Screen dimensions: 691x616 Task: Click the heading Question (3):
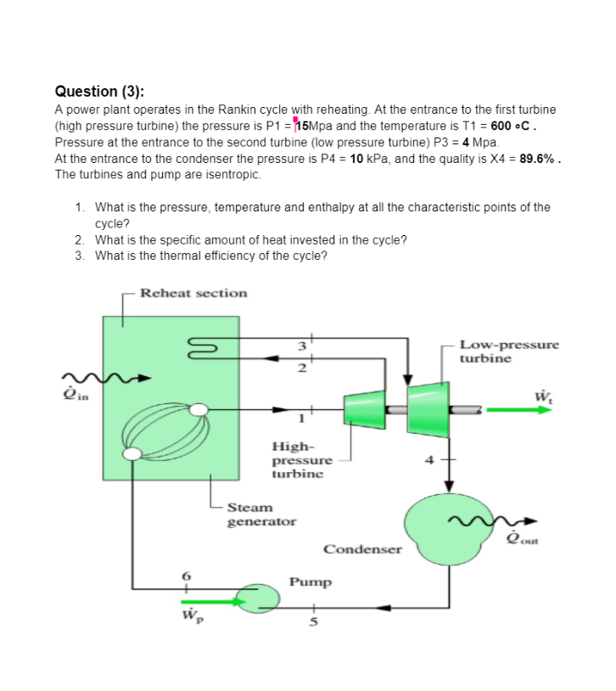click(x=99, y=91)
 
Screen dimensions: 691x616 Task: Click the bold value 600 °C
click(x=514, y=126)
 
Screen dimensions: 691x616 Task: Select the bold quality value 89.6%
click(x=540, y=158)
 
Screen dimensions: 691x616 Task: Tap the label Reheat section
click(x=193, y=293)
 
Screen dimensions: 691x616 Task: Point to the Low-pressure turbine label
click(x=509, y=351)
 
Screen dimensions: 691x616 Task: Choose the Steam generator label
click(x=261, y=514)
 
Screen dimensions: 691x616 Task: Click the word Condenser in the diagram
click(x=362, y=549)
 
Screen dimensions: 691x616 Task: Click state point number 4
click(x=430, y=460)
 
